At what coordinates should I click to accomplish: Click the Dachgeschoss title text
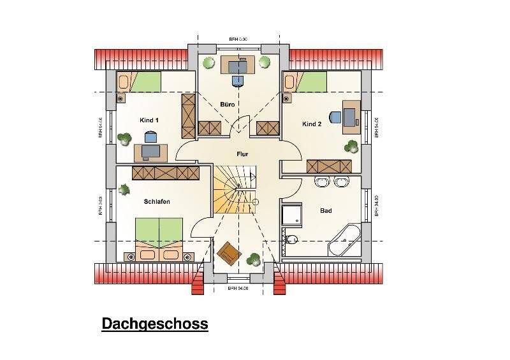tap(155, 324)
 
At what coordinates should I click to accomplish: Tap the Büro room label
tap(228, 104)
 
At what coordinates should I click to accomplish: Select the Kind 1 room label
tap(149, 120)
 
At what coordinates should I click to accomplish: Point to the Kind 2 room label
tap(312, 124)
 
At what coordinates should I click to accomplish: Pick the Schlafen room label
tap(157, 201)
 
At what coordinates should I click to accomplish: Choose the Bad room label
tap(325, 210)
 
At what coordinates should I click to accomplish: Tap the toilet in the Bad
tap(291, 240)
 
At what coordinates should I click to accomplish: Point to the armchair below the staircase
tap(228, 252)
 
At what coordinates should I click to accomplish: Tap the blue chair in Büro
tap(237, 80)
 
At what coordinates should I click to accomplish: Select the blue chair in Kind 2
tap(335, 117)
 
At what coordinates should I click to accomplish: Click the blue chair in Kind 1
tap(151, 136)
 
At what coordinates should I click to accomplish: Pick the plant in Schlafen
tap(124, 189)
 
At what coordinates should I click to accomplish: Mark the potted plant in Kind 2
tap(351, 147)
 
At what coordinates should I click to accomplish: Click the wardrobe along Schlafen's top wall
tap(164, 172)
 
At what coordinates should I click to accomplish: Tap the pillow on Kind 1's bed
tap(124, 82)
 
